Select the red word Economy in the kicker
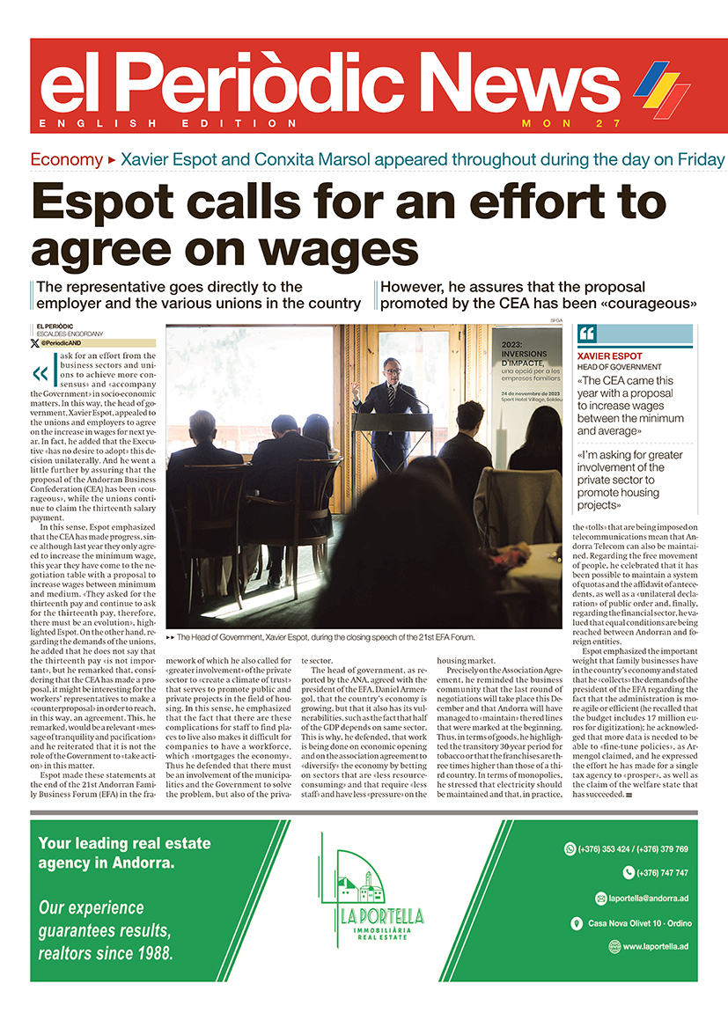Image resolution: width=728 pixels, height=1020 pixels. coord(66,160)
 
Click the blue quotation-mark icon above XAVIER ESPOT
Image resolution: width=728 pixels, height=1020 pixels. coord(587,334)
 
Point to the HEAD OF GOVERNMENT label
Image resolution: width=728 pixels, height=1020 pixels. coord(619,367)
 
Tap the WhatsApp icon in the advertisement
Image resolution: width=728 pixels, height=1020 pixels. coord(570,849)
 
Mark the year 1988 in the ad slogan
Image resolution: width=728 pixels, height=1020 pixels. coord(155,952)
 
